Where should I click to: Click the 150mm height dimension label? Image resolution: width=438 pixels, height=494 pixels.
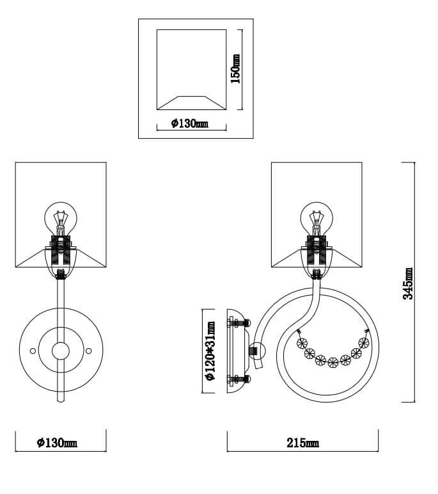click(235, 69)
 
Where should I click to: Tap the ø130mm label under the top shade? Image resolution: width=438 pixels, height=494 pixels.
click(190, 124)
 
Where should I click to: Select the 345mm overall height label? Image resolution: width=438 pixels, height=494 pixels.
click(408, 283)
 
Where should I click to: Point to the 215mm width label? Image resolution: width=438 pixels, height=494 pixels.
click(302, 443)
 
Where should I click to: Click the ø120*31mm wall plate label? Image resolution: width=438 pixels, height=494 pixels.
click(210, 351)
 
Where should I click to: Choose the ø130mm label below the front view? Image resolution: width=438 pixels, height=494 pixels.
click(57, 443)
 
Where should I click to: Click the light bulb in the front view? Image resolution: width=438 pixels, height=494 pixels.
click(61, 219)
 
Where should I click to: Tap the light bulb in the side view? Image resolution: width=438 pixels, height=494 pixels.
click(317, 219)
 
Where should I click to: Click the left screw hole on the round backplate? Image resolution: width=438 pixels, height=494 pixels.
click(33, 351)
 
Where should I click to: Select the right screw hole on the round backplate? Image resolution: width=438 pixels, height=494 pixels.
click(88, 351)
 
